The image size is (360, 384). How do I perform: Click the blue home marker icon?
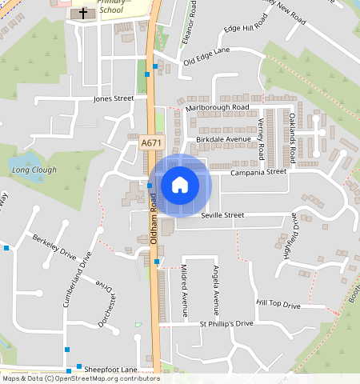coord(180,185)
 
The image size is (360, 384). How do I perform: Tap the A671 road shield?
coord(150,142)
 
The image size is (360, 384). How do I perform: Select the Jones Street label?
coord(114,99)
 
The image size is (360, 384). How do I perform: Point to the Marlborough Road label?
coord(218,107)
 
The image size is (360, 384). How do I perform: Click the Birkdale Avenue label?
coord(223,138)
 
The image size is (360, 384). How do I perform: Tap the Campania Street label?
coord(258,172)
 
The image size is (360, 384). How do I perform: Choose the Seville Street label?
coord(222,215)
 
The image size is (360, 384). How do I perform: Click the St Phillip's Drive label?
coord(226,323)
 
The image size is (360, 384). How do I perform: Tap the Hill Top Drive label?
coord(278,306)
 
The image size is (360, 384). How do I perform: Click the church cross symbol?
coord(82,14)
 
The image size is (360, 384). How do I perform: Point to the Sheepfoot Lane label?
coord(112,370)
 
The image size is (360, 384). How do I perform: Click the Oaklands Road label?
coord(294,138)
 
